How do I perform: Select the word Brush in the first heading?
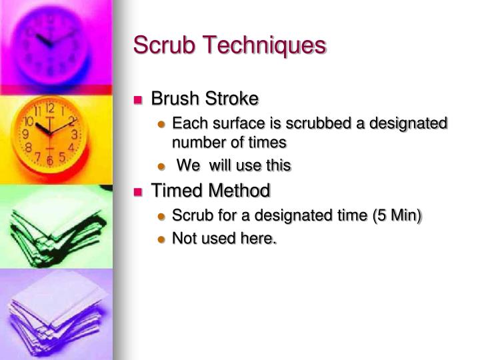(x=175, y=99)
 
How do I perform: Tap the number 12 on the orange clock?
(x=50, y=107)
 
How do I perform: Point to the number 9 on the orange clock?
(x=25, y=134)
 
